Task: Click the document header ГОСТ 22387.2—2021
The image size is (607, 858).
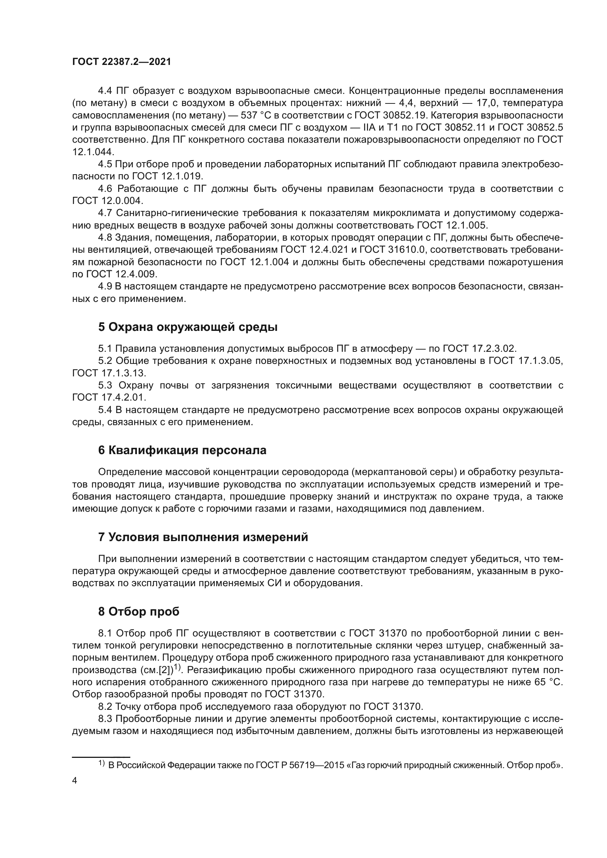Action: click(x=121, y=62)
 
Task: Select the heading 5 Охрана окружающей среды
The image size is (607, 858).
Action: click(x=188, y=327)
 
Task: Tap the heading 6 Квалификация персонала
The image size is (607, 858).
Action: click(x=182, y=450)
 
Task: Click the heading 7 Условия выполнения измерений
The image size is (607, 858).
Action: click(x=203, y=537)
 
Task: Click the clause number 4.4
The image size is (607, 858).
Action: click(x=105, y=91)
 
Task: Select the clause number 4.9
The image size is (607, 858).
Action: click(x=105, y=286)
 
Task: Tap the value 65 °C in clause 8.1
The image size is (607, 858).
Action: click(x=546, y=682)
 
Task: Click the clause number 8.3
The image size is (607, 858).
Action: click(x=105, y=718)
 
